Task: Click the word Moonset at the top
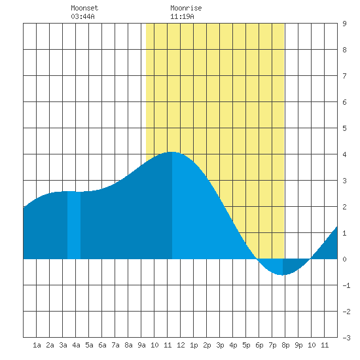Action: coord(84,8)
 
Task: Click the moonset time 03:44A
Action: coord(82,16)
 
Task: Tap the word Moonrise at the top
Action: coord(186,8)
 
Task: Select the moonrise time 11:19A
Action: coord(182,16)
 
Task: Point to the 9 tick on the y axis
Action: coord(344,24)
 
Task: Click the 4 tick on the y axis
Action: coord(344,154)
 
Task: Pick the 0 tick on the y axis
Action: coord(344,259)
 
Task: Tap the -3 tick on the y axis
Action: coord(346,338)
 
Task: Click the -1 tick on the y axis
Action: coord(346,285)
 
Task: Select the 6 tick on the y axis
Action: coord(344,102)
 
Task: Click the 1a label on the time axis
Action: coord(37,345)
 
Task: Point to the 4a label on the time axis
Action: coord(76,345)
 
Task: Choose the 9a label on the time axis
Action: coord(141,345)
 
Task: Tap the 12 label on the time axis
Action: coord(181,345)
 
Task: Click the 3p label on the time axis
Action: coord(220,345)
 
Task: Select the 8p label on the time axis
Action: coord(285,345)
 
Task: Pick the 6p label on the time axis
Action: coord(259,345)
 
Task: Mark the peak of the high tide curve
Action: coord(171,152)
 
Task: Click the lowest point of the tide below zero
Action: coord(283,275)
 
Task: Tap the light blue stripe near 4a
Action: coord(74,225)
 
